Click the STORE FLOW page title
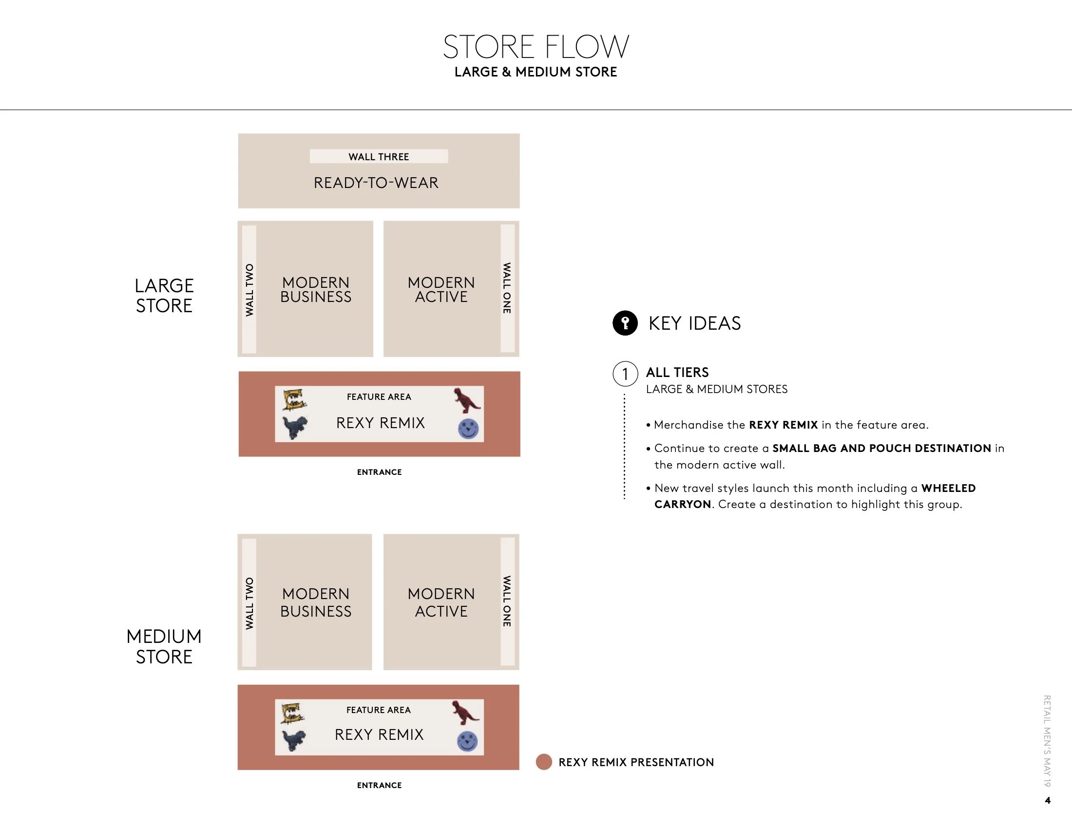coord(536,47)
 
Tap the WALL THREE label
coord(379,156)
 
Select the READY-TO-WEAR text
coord(376,183)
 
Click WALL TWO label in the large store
coord(249,289)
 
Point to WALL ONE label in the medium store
coord(507,601)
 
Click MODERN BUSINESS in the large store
coord(316,289)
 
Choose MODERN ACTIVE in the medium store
coord(441,602)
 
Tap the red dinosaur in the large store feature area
coord(466,400)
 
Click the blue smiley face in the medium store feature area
coord(467,741)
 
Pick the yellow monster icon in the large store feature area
coord(294,399)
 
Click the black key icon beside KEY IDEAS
coord(625,323)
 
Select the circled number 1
coord(625,374)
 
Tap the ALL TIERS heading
coord(677,372)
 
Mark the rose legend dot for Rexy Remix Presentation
coord(544,762)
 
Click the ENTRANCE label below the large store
coord(379,472)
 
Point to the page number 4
coord(1048,801)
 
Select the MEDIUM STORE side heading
coord(164,646)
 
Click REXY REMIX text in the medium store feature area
coord(379,734)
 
